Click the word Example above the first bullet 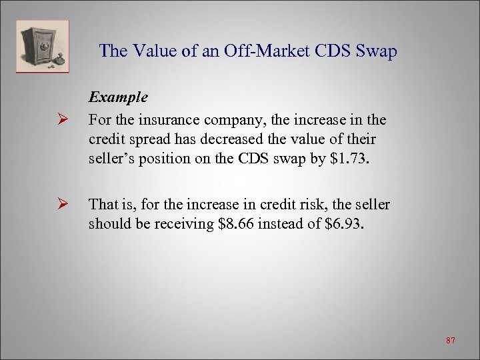pyautogui.click(x=119, y=97)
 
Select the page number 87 pyautogui.click(x=451, y=341)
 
